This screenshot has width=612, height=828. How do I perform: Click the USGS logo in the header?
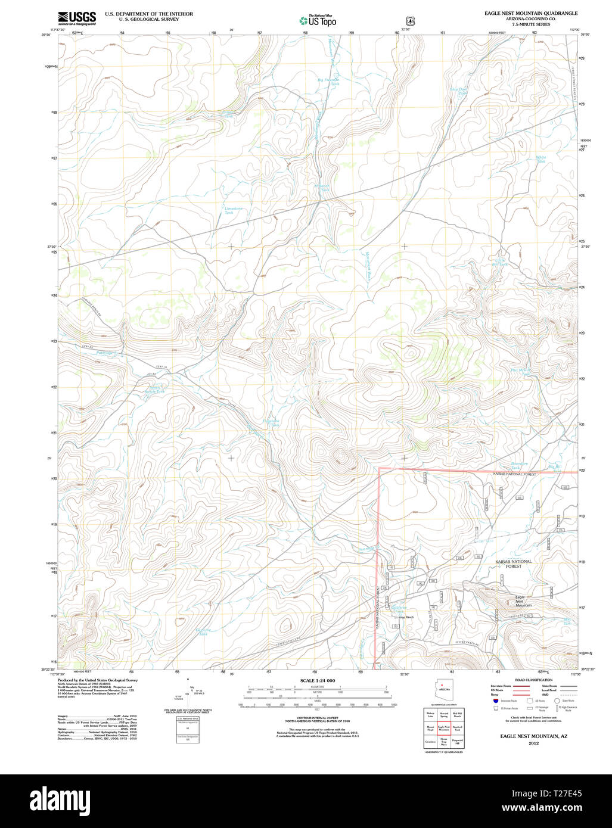click(77, 18)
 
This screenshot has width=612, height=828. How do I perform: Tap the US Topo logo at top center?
click(318, 20)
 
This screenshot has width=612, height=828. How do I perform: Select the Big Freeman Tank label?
click(328, 82)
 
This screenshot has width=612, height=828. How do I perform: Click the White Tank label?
click(541, 159)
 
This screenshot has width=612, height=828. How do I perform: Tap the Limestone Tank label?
click(234, 210)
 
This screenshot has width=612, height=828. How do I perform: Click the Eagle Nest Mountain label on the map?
click(524, 601)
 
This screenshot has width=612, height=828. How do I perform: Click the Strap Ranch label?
click(406, 617)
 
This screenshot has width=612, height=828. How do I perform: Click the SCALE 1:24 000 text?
click(318, 680)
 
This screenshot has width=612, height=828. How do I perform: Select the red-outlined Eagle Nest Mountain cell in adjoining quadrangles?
click(444, 728)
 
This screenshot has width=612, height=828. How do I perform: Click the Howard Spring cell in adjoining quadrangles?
click(444, 714)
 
